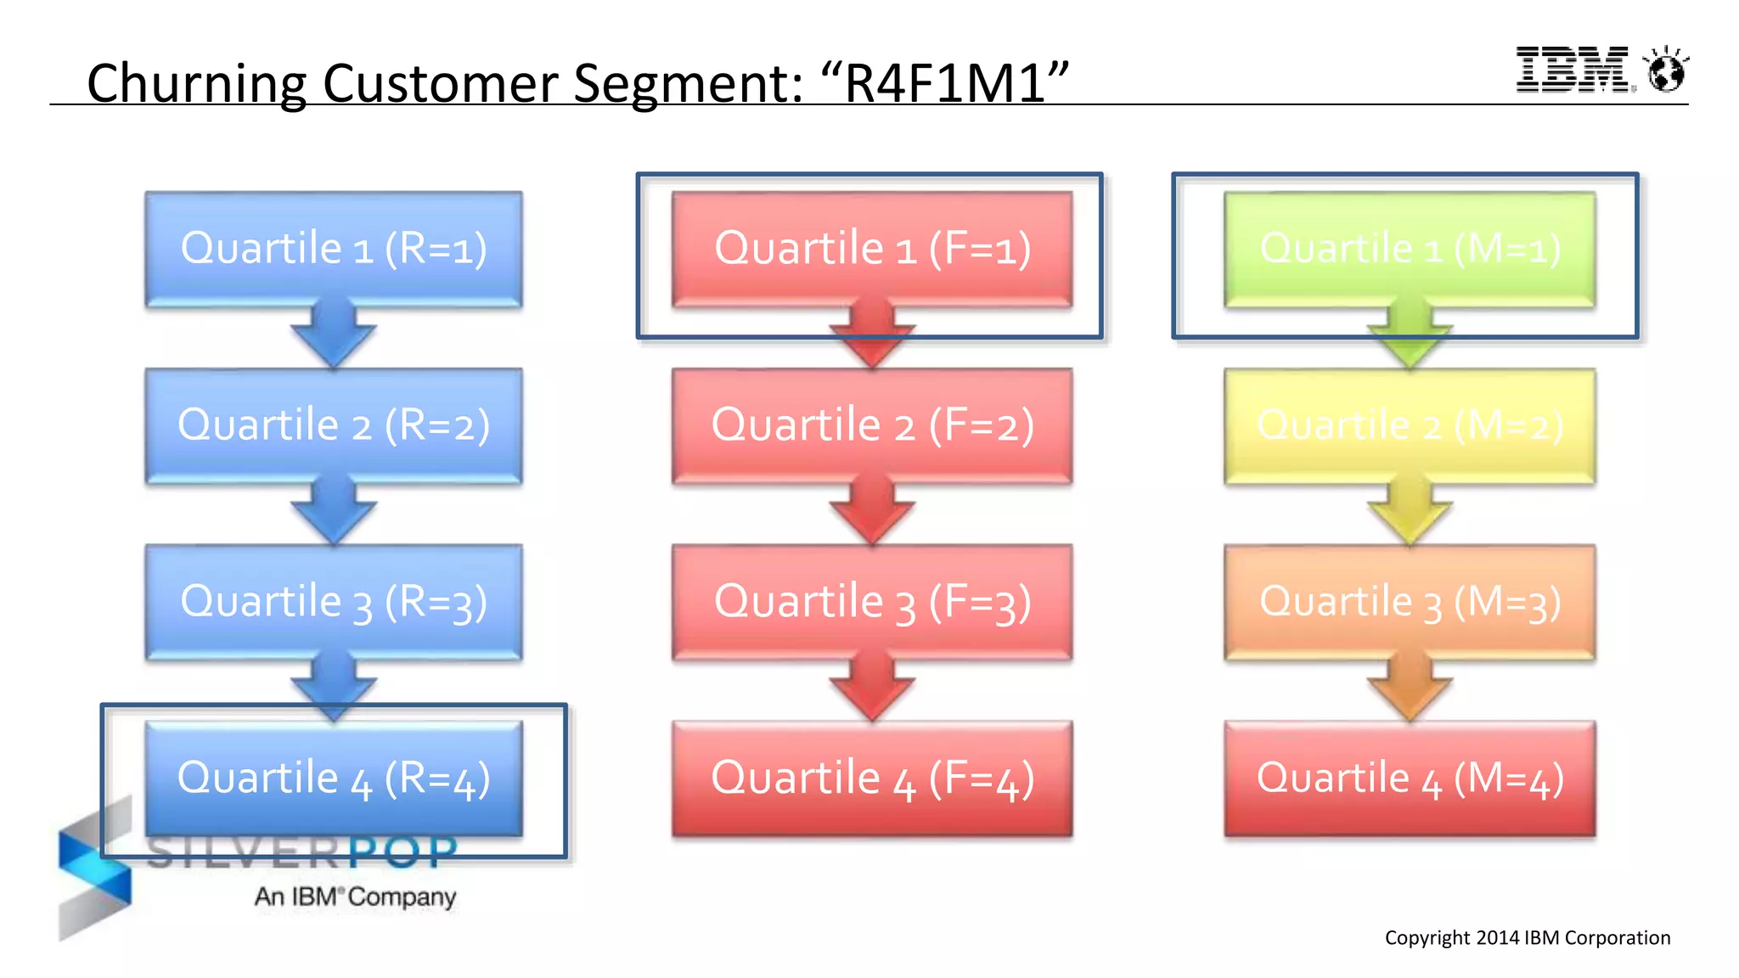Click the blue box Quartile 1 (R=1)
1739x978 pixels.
tap(334, 248)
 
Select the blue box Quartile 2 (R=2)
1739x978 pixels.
tap(334, 424)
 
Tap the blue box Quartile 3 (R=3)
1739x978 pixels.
tap(334, 601)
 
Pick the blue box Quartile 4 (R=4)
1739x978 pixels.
tap(334, 778)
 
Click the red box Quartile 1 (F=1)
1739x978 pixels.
tap(872, 248)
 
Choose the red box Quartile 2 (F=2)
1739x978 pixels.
tap(872, 424)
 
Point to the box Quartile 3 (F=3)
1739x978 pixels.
tap(872, 601)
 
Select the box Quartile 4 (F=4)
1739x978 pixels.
tap(872, 778)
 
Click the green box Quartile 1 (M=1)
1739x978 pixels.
tap(1410, 248)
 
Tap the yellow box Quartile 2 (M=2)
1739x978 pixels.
tap(1410, 424)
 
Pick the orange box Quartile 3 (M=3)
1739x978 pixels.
tap(1410, 601)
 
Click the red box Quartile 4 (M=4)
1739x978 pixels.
tap(1410, 778)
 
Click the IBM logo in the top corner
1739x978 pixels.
tap(1573, 70)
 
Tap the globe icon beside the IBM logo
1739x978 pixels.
tap(1666, 70)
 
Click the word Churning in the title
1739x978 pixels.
tap(196, 84)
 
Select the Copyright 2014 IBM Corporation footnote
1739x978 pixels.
tap(1527, 937)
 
